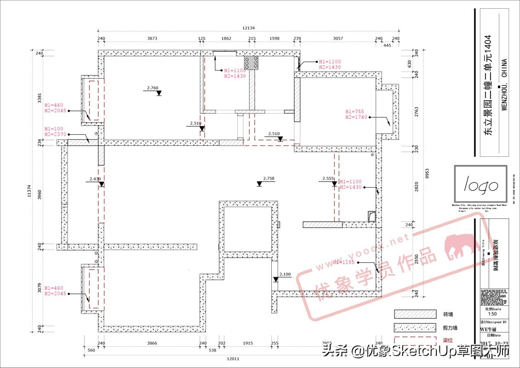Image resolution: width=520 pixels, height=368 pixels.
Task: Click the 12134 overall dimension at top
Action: pyautogui.click(x=249, y=28)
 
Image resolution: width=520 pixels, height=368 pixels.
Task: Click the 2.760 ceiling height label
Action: pyautogui.click(x=153, y=87)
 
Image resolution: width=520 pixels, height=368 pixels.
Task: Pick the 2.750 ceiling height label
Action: pyautogui.click(x=269, y=178)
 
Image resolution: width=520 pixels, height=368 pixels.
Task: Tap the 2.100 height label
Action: pyautogui.click(x=285, y=274)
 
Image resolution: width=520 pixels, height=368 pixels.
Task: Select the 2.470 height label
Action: pyautogui.click(x=95, y=178)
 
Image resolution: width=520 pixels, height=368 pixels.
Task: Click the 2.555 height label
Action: pyautogui.click(x=328, y=178)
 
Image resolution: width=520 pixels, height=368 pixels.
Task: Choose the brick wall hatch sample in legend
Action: pyautogui.click(x=415, y=314)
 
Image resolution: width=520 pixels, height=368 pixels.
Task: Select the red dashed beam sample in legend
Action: pyautogui.click(x=415, y=341)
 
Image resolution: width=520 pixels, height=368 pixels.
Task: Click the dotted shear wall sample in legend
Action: pyautogui.click(x=415, y=328)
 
